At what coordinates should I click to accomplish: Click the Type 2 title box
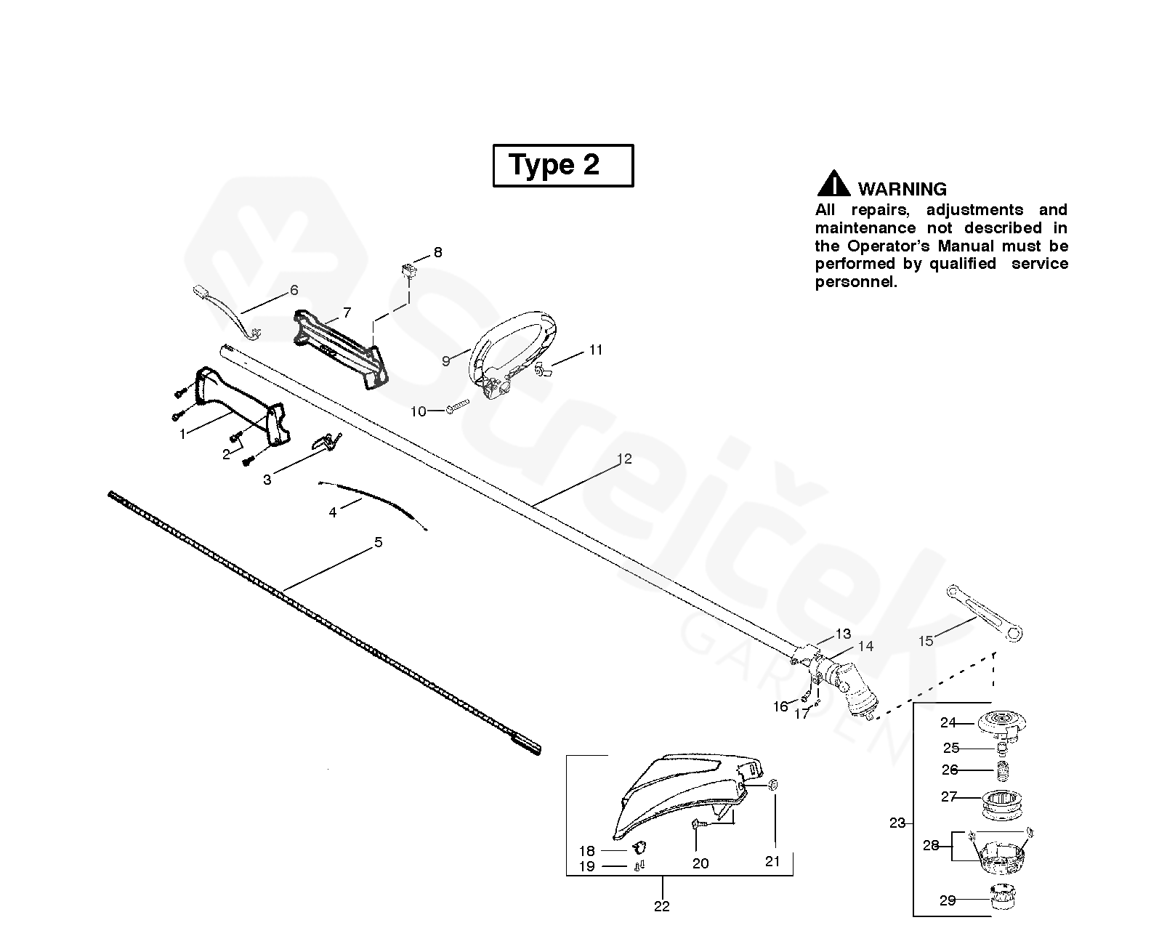pyautogui.click(x=563, y=166)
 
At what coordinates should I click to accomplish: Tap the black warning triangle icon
pyautogui.click(x=833, y=184)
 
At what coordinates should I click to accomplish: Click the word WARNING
pyautogui.click(x=902, y=189)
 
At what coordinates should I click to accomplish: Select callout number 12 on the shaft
pyautogui.click(x=624, y=459)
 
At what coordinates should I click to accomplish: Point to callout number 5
pyautogui.click(x=378, y=542)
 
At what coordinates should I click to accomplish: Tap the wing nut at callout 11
pyautogui.click(x=541, y=372)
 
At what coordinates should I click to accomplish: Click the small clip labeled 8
pyautogui.click(x=411, y=272)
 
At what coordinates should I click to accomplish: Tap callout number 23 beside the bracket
pyautogui.click(x=897, y=823)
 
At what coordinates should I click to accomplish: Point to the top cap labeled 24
pyautogui.click(x=1001, y=723)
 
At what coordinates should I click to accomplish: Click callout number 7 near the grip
pyautogui.click(x=347, y=312)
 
